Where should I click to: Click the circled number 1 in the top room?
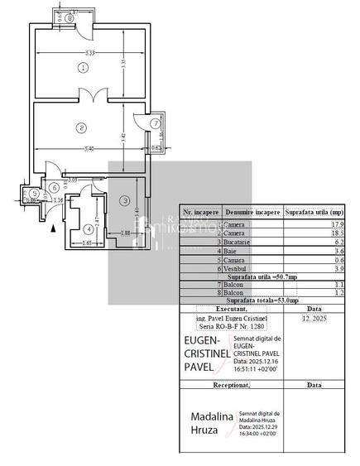coord(83,66)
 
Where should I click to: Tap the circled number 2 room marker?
coord(81,127)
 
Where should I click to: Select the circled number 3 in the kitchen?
coord(124,200)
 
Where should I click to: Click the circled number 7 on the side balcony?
coord(155,123)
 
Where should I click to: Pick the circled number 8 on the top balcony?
coord(70,17)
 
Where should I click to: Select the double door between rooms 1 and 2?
coord(83,94)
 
